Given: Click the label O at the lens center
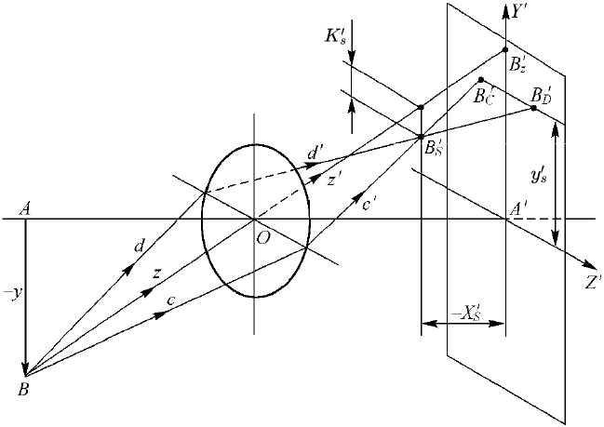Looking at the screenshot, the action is point(263,239).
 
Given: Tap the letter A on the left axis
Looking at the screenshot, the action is point(26,209).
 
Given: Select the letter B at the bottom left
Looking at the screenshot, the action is point(23,390).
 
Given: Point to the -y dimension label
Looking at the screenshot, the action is point(11,295).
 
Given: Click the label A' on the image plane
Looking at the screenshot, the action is point(518,209).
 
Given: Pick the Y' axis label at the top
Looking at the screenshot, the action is point(519,12).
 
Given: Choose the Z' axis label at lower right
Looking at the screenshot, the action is point(593,283).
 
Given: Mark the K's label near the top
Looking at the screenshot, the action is point(333,37).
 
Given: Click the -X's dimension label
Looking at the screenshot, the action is point(465,314).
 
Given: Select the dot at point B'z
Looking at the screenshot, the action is point(505,49).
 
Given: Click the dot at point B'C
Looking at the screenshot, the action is point(481,80).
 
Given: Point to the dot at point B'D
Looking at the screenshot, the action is point(533,108).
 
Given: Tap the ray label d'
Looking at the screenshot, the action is point(313,153).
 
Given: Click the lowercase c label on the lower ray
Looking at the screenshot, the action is point(171,300).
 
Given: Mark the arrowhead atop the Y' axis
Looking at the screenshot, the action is point(505,8).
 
